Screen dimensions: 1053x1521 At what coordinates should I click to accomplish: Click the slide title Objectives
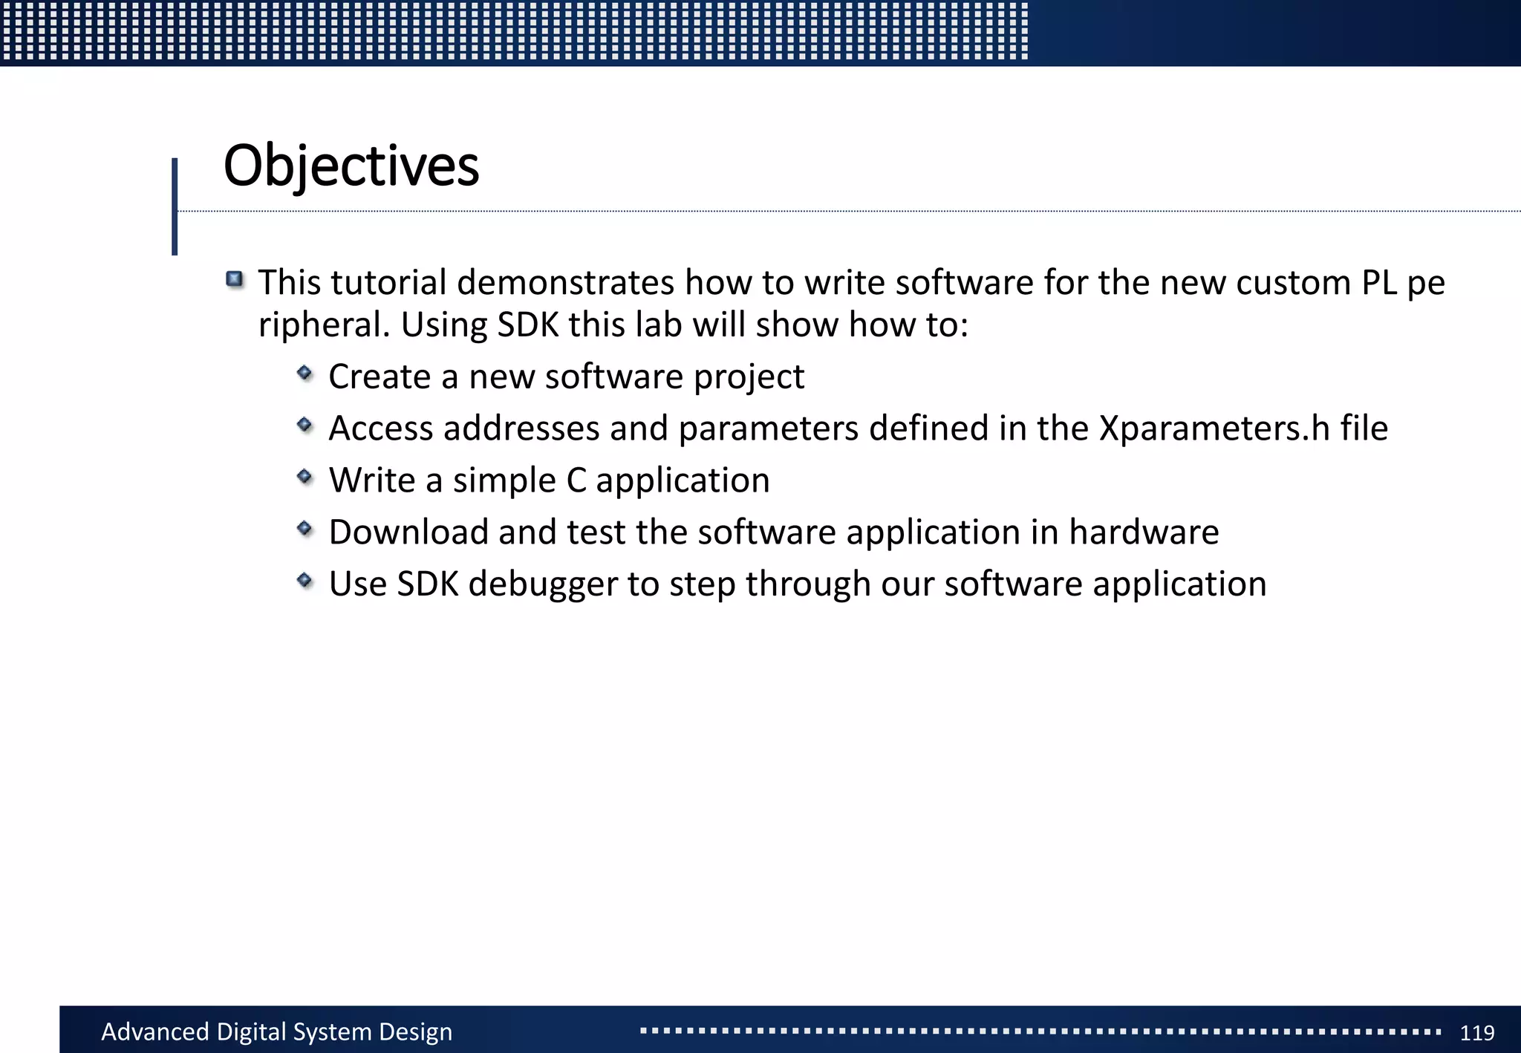[x=351, y=166]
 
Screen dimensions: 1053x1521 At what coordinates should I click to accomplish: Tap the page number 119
[x=1476, y=1033]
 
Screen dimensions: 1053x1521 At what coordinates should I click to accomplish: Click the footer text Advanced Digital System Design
[x=276, y=1032]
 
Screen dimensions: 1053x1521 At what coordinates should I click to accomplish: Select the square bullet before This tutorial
[x=235, y=280]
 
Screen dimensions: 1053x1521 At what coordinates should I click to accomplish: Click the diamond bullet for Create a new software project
[x=304, y=373]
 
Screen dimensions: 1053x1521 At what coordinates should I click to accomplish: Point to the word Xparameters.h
[x=1214, y=428]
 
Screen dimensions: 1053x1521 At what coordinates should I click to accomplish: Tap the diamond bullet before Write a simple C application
[x=304, y=477]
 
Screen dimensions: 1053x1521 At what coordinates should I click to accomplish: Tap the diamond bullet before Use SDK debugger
[x=304, y=580]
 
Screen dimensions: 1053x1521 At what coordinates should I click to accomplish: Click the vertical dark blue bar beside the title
[x=175, y=206]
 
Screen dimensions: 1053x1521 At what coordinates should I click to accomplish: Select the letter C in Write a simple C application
[x=576, y=480]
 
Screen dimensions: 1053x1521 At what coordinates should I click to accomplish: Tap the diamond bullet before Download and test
[x=304, y=529]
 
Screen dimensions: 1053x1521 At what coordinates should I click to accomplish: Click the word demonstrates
[x=565, y=283]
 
